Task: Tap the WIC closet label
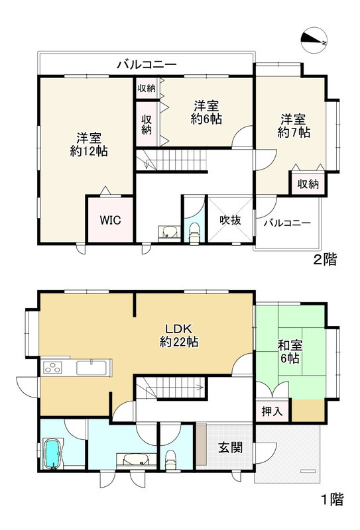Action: click(110, 220)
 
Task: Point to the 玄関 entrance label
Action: click(230, 447)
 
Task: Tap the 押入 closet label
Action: click(271, 411)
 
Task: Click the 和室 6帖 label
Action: click(288, 350)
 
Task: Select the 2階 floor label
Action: click(324, 260)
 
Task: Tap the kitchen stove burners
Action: click(52, 368)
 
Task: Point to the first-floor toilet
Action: click(170, 457)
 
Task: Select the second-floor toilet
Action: click(195, 233)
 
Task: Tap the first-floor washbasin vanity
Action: click(135, 459)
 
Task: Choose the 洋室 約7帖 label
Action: click(293, 126)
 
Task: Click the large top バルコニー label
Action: click(147, 64)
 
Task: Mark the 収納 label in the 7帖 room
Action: click(307, 184)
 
